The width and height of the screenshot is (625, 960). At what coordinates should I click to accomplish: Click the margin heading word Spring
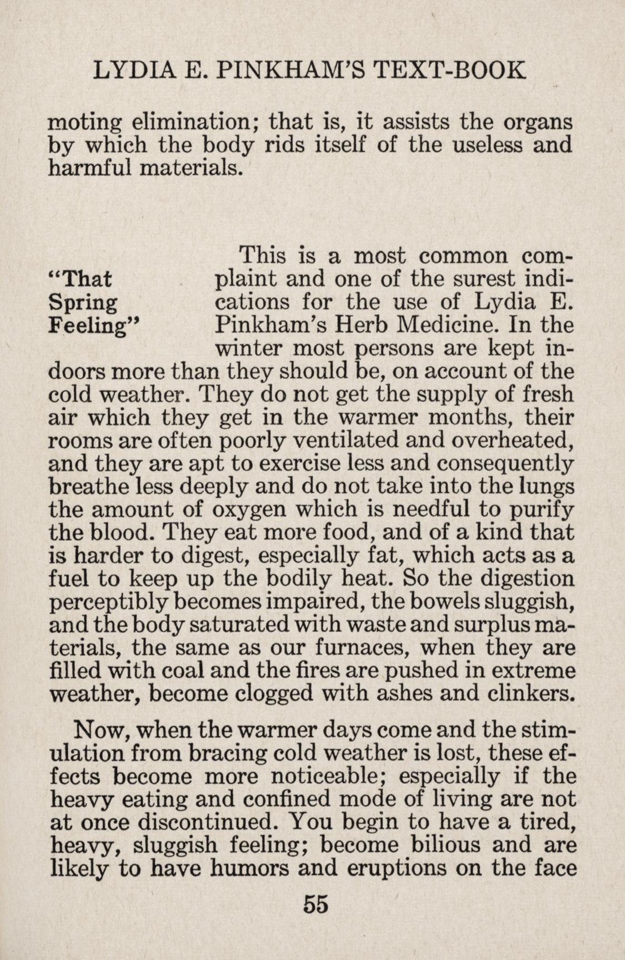click(x=83, y=303)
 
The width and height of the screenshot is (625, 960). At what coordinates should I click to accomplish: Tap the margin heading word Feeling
click(x=92, y=326)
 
